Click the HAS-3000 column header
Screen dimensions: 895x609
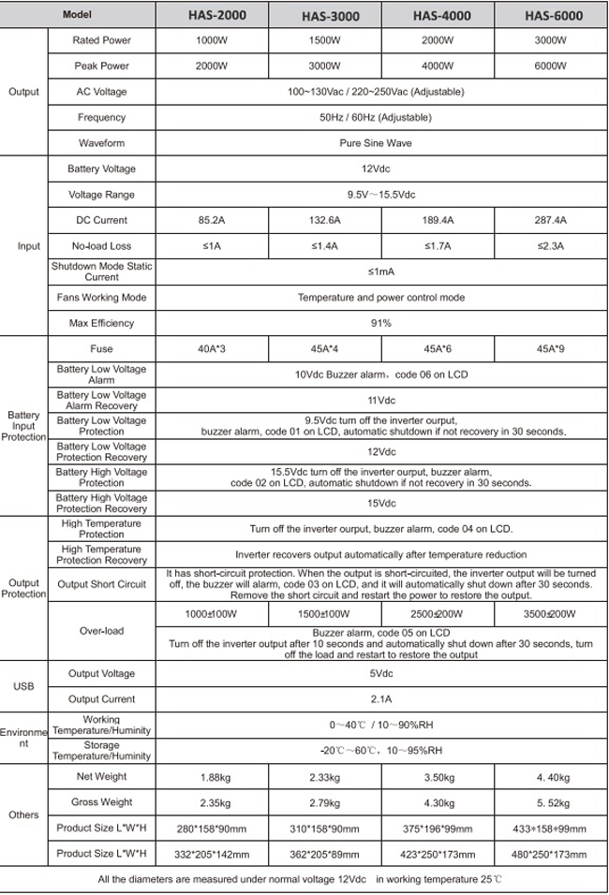click(330, 16)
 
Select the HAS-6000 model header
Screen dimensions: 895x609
click(553, 16)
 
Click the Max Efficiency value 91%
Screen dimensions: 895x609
click(380, 323)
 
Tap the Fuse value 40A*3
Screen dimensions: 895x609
click(212, 349)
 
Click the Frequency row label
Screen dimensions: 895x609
click(101, 118)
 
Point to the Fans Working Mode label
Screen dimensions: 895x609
click(101, 298)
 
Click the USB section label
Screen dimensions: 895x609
click(23, 686)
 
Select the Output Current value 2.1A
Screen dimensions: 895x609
click(380, 699)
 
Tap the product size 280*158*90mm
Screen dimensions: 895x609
click(212, 829)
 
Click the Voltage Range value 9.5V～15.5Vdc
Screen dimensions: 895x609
click(380, 195)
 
